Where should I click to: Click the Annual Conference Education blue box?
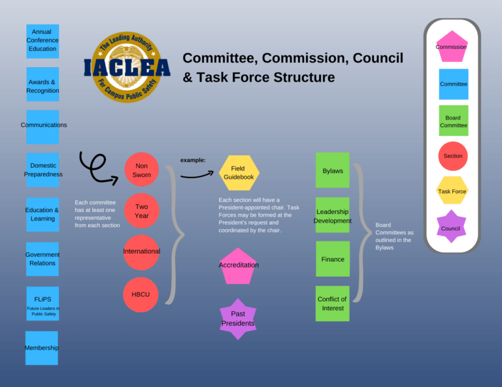click(x=42, y=40)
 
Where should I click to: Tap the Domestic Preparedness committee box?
click(x=42, y=170)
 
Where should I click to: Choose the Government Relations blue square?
click(x=42, y=258)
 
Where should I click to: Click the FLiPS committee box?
click(x=42, y=303)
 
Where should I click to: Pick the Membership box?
click(x=42, y=347)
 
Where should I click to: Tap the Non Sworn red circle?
click(x=142, y=170)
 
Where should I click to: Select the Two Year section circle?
click(x=142, y=211)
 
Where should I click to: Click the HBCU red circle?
click(x=141, y=294)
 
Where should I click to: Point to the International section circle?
click(x=141, y=252)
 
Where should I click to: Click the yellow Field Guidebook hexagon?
click(x=239, y=172)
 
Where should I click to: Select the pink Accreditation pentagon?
click(x=239, y=266)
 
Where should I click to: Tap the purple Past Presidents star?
click(x=238, y=318)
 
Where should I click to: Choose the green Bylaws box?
click(x=333, y=170)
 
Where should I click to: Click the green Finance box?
click(x=333, y=258)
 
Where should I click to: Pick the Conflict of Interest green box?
click(x=333, y=303)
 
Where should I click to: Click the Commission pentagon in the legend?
click(x=452, y=47)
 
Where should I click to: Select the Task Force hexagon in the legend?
click(x=452, y=191)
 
